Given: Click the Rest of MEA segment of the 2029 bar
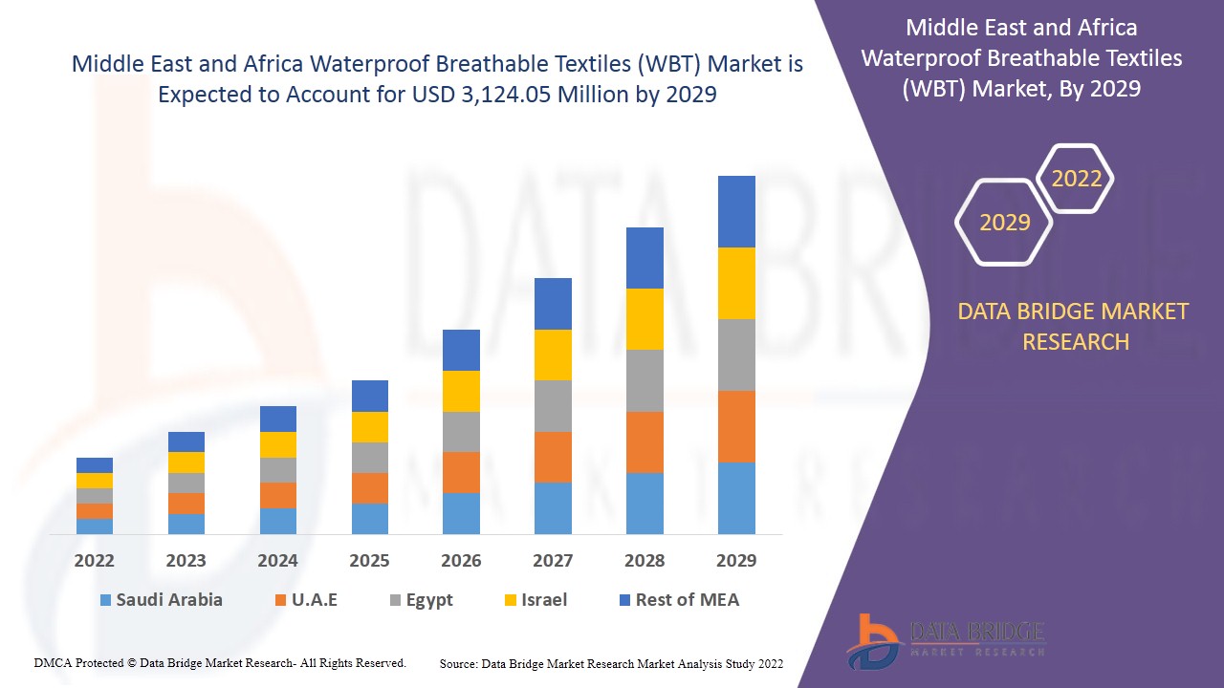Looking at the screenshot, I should click(x=736, y=211).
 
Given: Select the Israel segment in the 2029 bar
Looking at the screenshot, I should click(x=736, y=283).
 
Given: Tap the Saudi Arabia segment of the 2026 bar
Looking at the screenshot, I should click(x=461, y=513).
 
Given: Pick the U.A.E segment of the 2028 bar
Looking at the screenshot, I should click(x=645, y=441).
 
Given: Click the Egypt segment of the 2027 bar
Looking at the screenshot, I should click(x=553, y=406).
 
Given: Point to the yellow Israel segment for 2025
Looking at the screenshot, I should click(x=370, y=427).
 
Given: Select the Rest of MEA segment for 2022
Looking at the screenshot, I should click(x=95, y=465).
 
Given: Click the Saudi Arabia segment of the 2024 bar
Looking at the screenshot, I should click(x=278, y=521).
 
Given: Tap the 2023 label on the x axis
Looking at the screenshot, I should click(x=186, y=561).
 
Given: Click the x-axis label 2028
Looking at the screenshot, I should click(x=645, y=561).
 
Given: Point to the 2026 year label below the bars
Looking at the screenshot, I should click(x=461, y=561).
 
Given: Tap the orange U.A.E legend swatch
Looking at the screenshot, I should click(x=280, y=601).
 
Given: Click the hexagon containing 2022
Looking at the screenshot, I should click(x=1076, y=179).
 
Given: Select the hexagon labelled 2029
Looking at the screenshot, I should click(x=1004, y=222).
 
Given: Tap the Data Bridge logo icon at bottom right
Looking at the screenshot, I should click(x=872, y=640).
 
